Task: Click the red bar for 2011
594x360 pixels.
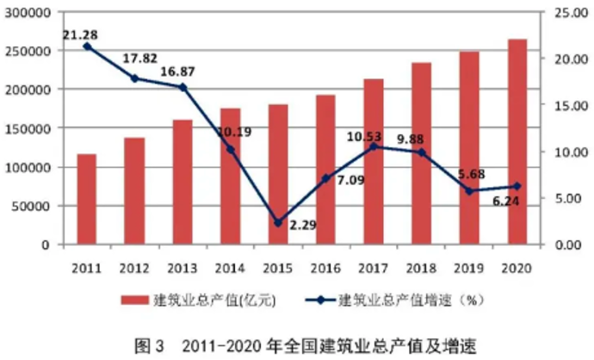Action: (x=87, y=199)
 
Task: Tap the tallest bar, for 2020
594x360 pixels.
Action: (x=517, y=141)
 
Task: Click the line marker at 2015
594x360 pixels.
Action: (x=278, y=223)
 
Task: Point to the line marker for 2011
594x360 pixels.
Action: (x=87, y=47)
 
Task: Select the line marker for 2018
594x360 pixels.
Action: (x=421, y=152)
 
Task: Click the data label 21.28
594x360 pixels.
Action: (x=80, y=34)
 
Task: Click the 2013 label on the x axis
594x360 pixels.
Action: (x=183, y=263)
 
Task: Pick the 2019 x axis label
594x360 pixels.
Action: (x=469, y=263)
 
